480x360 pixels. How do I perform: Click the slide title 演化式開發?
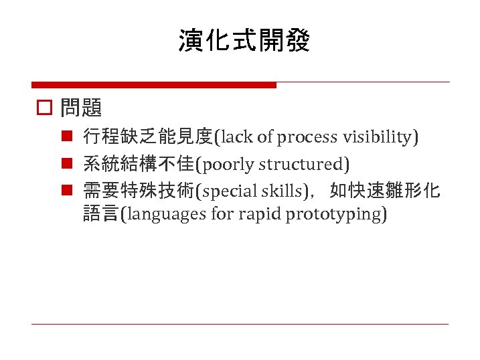[x=244, y=41]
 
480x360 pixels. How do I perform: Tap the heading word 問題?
[x=81, y=107]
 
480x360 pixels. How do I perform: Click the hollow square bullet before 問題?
[x=44, y=108]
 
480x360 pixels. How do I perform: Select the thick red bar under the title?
[x=154, y=85]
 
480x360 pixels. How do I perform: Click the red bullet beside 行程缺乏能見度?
[x=68, y=137]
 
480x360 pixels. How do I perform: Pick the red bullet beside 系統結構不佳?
[x=68, y=164]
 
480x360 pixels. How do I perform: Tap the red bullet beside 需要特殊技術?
[x=68, y=191]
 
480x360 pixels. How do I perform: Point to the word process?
[x=308, y=137]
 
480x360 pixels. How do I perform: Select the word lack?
[x=236, y=137]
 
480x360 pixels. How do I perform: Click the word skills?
[x=280, y=191]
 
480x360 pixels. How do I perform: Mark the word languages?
[x=161, y=215]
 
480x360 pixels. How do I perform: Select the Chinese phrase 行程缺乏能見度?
[x=147, y=137]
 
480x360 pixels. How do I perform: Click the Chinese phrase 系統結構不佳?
[x=138, y=164]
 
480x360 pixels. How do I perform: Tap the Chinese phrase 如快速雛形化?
[x=385, y=191]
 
